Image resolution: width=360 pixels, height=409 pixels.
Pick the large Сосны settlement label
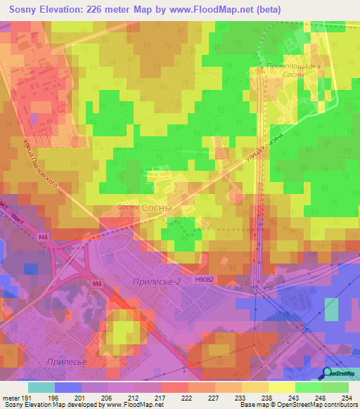click(x=156, y=209)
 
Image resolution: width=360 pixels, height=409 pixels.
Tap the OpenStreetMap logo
click(x=340, y=374)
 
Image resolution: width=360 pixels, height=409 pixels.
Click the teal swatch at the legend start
click(x=41, y=387)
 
